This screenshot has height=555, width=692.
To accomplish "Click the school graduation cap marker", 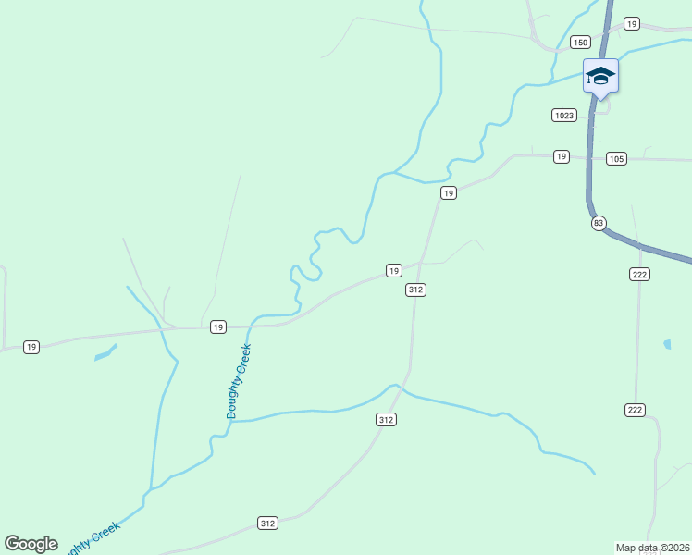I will click(x=600, y=76).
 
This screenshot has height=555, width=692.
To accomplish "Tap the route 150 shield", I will click(x=580, y=42).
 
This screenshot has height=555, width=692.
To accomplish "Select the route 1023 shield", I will click(x=564, y=115).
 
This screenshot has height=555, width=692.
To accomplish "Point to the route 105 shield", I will click(x=617, y=159).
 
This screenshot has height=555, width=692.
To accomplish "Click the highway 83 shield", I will click(x=599, y=223).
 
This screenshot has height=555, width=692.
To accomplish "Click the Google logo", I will click(x=31, y=544).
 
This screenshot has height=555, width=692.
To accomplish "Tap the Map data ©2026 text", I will click(x=652, y=547).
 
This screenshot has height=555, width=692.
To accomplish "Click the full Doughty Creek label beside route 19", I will click(x=239, y=381).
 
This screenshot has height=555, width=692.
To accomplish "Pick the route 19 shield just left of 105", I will click(x=562, y=156).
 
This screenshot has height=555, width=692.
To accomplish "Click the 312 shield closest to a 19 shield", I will click(x=415, y=290).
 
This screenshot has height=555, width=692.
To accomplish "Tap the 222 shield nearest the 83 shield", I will click(x=638, y=274).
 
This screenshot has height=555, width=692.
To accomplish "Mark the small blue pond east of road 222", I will click(x=667, y=345).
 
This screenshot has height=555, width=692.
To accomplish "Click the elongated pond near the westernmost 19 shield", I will click(x=105, y=352).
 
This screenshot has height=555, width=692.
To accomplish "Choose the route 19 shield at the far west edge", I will click(x=31, y=347).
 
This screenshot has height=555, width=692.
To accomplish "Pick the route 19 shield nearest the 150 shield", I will click(x=632, y=23).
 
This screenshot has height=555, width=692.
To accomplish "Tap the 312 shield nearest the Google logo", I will click(x=268, y=523).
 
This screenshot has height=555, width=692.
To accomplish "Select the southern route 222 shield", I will click(x=635, y=410).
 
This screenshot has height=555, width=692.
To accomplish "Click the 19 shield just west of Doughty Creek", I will click(x=217, y=327).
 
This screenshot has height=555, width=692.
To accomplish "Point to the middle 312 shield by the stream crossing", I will click(x=387, y=419).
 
